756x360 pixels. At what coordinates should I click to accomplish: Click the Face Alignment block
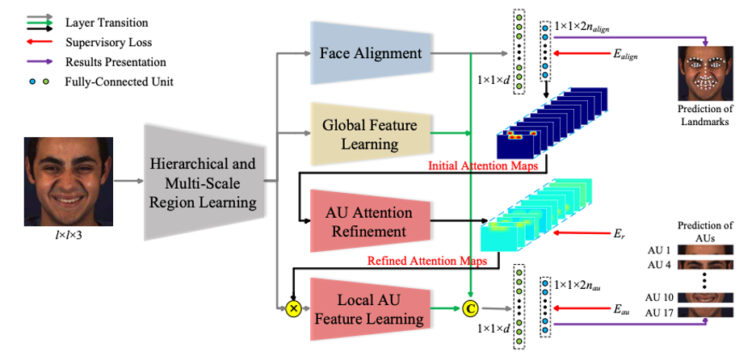coord(370,54)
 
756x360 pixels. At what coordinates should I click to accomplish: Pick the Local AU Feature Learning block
coord(369,308)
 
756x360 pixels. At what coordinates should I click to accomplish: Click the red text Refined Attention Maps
coord(428,261)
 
